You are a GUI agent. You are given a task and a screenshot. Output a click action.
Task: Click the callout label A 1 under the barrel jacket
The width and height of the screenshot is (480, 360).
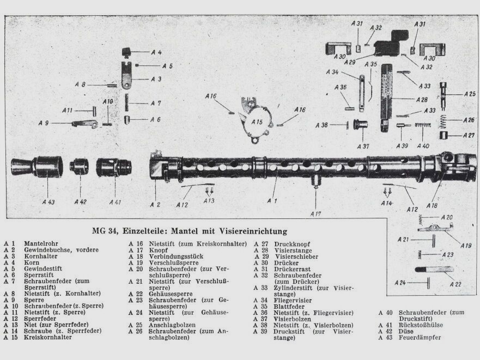[272, 201]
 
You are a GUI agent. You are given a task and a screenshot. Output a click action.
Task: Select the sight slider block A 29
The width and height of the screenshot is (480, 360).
[387, 48]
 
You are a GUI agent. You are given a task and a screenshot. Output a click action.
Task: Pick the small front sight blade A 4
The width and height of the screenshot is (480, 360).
[127, 53]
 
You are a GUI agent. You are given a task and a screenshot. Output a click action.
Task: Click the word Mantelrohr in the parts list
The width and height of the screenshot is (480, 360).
[41, 243]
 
